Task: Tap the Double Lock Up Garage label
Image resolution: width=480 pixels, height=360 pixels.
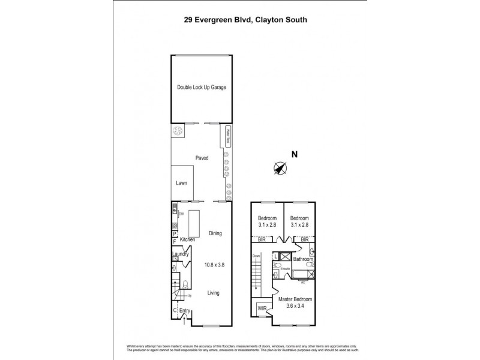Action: (x=202, y=88)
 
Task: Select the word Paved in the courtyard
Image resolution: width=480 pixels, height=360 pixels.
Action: (x=202, y=158)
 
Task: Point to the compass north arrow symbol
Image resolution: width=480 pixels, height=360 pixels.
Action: (x=279, y=168)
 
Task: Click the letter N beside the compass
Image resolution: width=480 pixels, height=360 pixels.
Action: (x=294, y=155)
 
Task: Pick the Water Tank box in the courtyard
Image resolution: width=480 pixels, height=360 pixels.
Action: (x=227, y=136)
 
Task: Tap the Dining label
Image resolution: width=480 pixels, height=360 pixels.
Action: (x=215, y=233)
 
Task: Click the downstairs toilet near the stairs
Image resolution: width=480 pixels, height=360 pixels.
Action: (x=186, y=284)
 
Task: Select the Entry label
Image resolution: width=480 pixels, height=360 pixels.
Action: (x=184, y=310)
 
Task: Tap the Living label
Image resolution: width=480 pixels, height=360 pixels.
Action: (x=214, y=293)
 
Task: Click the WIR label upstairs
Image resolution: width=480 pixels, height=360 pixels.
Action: (x=262, y=309)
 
